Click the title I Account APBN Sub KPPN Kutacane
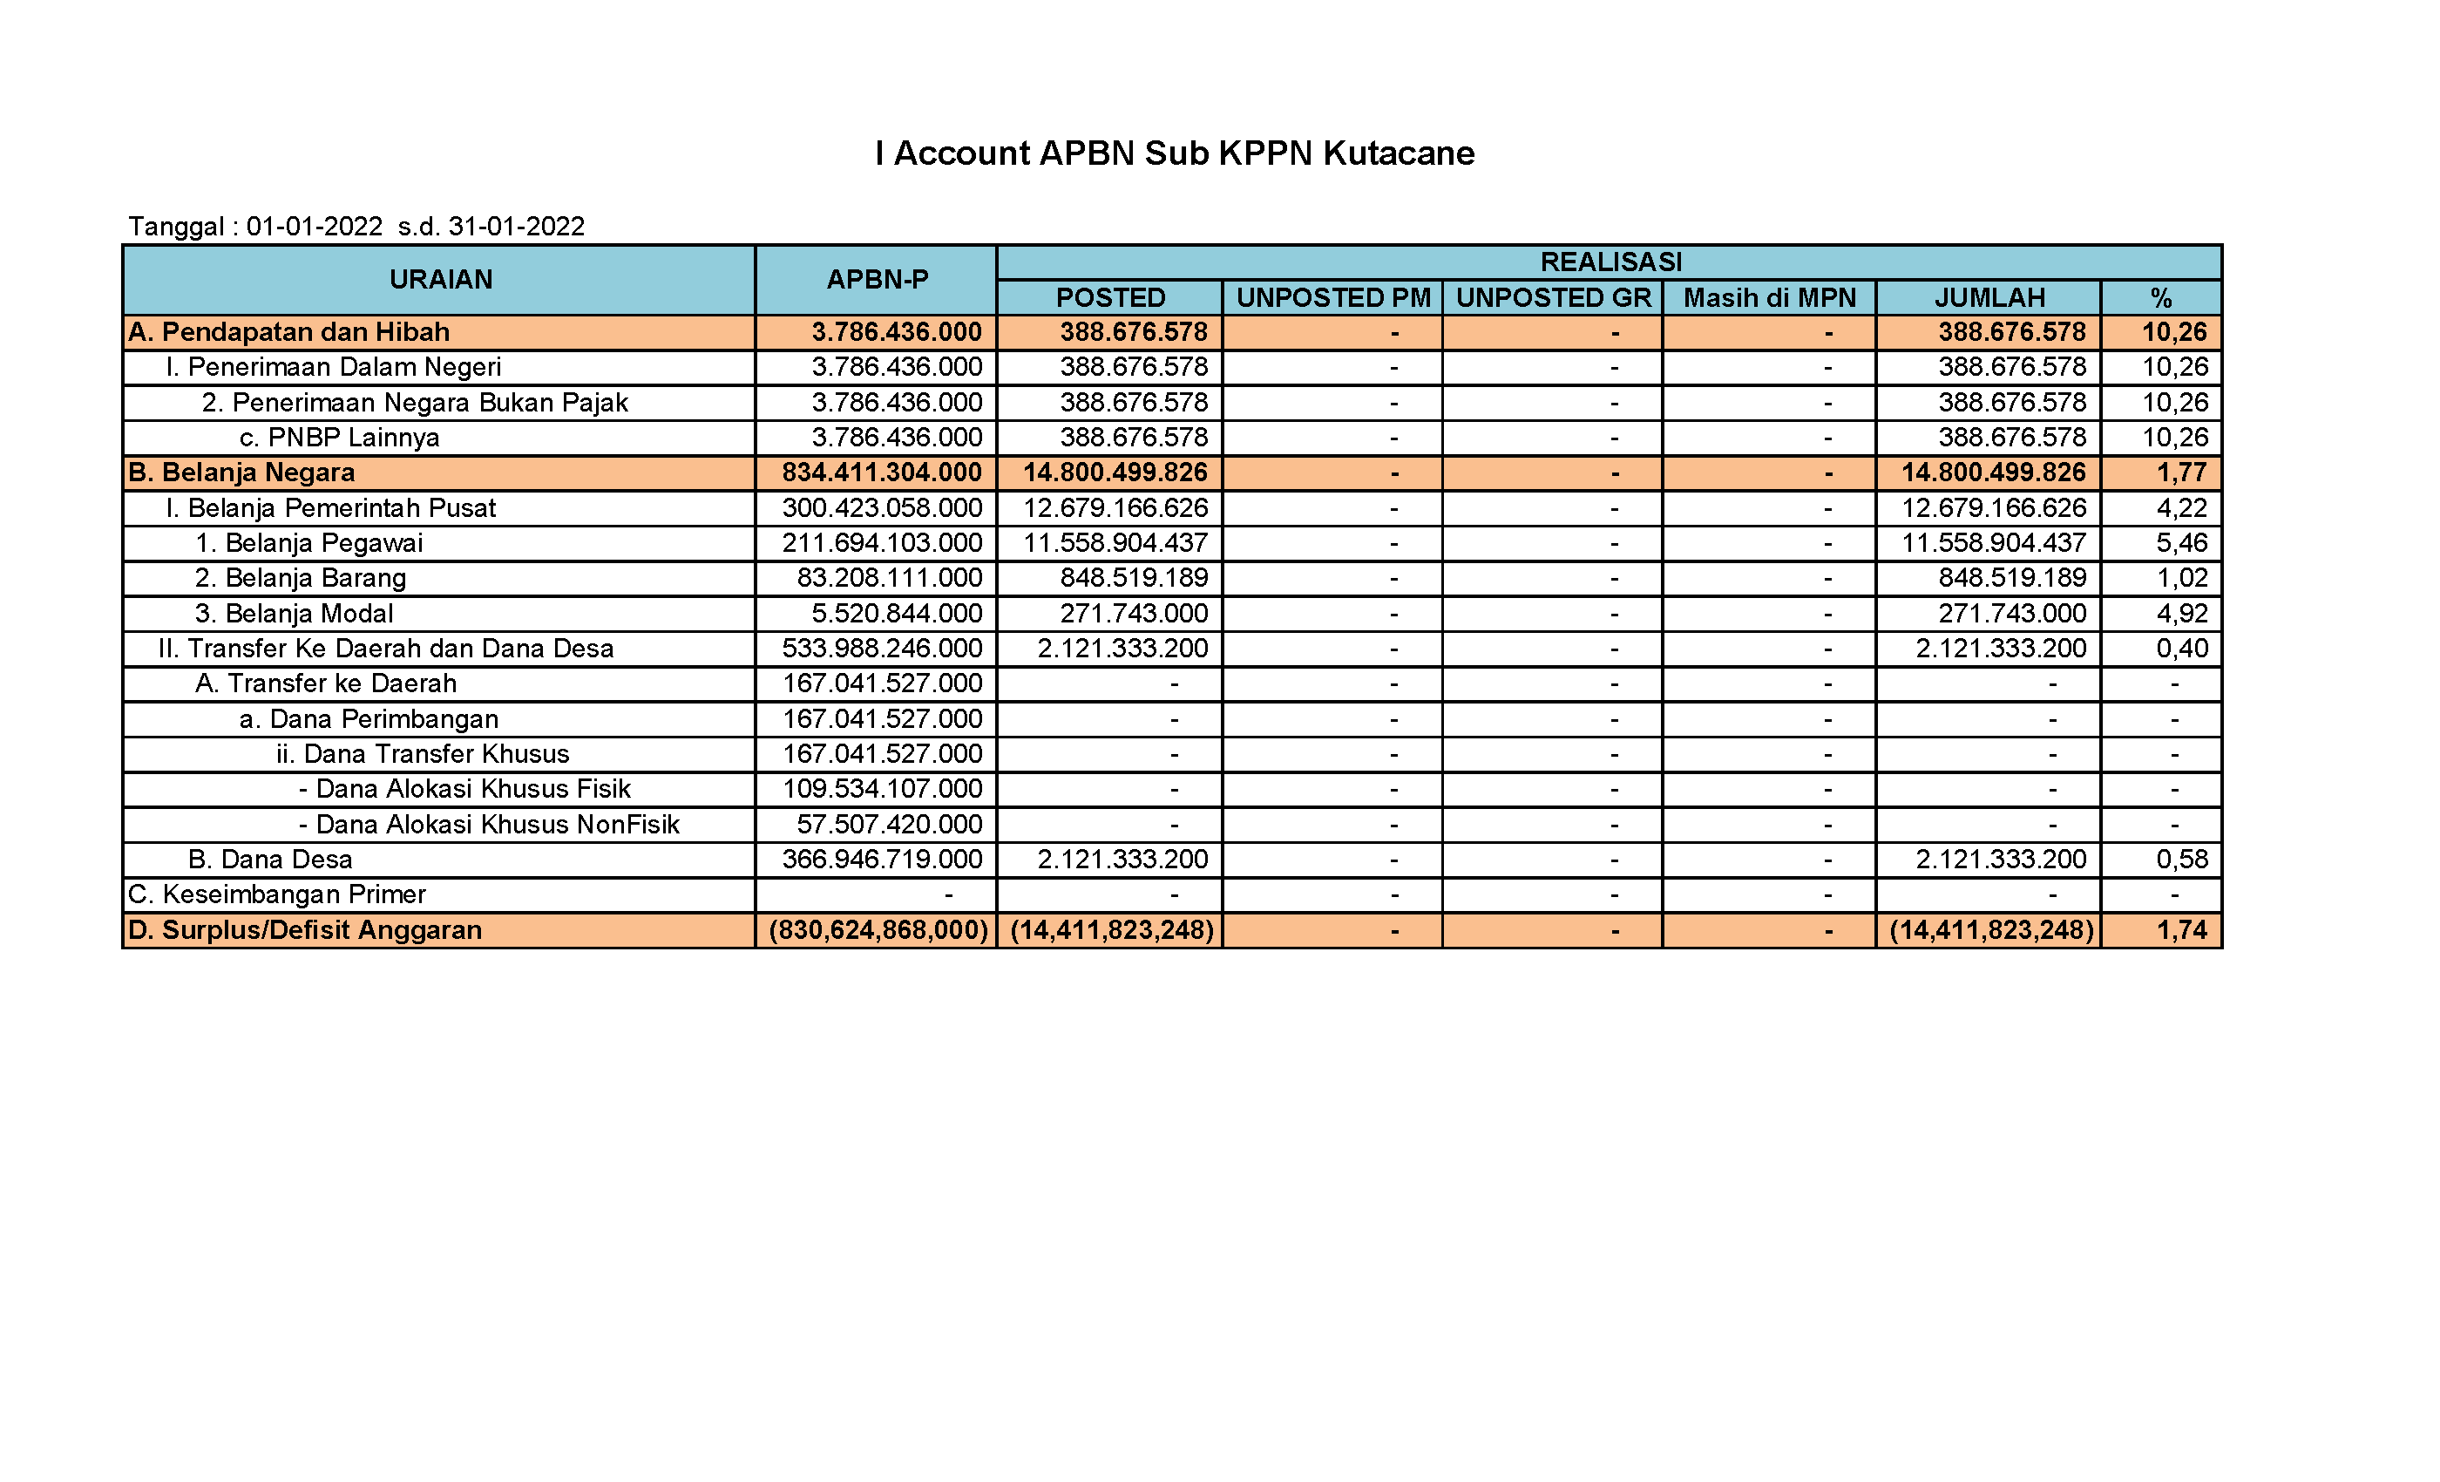1175,153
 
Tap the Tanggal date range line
356,227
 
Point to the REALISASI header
1610,262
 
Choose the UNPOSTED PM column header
1333,298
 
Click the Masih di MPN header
1769,298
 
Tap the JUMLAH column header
1989,298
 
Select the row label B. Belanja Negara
241,472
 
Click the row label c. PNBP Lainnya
340,438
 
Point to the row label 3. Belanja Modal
295,613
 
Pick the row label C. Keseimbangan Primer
277,894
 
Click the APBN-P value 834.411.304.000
881,472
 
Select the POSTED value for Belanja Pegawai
1115,543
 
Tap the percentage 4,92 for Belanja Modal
2181,613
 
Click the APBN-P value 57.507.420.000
889,824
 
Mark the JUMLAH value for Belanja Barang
2012,577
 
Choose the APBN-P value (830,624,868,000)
878,930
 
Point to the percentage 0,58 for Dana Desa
2181,859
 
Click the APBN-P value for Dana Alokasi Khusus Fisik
882,789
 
